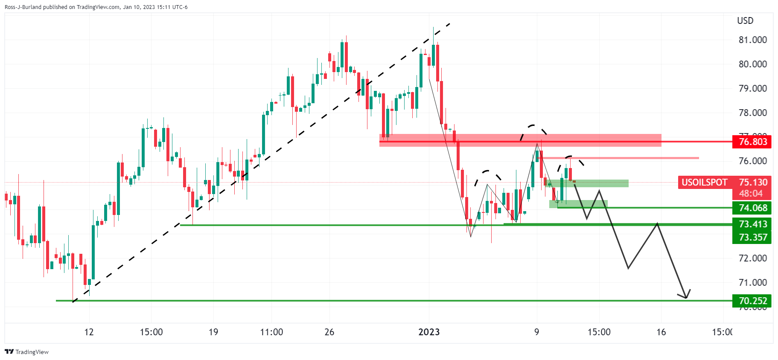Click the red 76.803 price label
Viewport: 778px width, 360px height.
pos(752,142)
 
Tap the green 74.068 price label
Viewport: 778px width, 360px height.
pos(752,208)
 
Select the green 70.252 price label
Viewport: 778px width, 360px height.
pos(752,301)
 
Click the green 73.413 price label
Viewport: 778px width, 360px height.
pos(752,224)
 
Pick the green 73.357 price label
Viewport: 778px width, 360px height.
pos(752,237)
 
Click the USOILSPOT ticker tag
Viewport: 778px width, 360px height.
pos(704,183)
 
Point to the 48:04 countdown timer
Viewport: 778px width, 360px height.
pos(751,194)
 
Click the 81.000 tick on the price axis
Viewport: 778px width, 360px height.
pos(753,40)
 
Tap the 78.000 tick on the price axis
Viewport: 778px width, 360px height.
pos(753,113)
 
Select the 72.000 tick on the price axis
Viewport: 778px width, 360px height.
pos(753,258)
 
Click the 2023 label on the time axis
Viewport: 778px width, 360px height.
pos(429,332)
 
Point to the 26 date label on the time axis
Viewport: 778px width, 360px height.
pos(329,332)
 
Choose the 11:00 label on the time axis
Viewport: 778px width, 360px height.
pos(271,332)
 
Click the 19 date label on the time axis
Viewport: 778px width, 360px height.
pos(213,332)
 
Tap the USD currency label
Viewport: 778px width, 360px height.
pos(745,20)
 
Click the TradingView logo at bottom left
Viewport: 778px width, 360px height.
pos(26,352)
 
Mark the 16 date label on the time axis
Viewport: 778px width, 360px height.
pos(661,332)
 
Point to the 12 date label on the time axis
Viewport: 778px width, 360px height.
pos(89,332)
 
